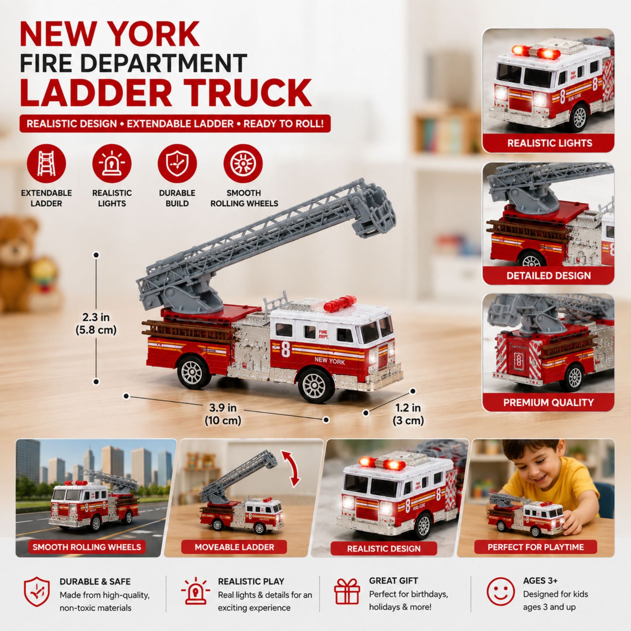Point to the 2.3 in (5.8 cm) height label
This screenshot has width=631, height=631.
point(96,324)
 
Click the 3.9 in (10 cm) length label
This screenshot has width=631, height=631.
point(223,414)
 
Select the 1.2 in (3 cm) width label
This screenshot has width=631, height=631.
point(408,414)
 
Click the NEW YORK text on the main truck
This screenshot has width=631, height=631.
point(330,361)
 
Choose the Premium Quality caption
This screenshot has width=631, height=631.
point(548,402)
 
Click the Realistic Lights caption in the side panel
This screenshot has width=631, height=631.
point(550,143)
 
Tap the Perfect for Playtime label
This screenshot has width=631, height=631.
point(535,547)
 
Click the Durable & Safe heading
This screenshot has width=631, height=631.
point(95,582)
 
